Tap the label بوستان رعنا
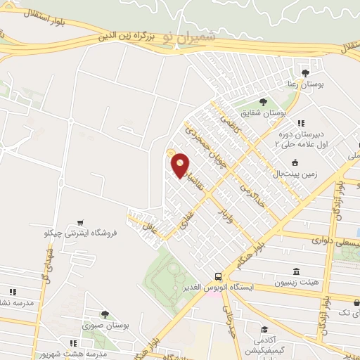click(x=304, y=84)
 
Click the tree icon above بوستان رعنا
click(x=304, y=72)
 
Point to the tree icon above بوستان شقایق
click(x=264, y=101)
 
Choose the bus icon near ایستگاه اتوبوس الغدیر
click(x=219, y=277)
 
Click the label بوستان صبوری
click(x=105, y=326)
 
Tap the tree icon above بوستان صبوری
click(x=105, y=314)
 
